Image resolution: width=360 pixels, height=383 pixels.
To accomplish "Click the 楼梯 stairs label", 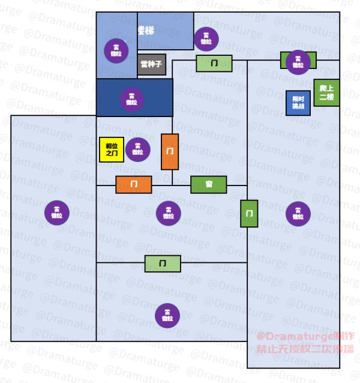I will [x=146, y=30].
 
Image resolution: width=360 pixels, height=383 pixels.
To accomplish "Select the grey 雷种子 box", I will [x=151, y=64].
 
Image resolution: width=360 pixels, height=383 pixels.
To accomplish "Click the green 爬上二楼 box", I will [x=326, y=93].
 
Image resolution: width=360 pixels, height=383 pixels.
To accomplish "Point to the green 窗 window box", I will [x=208, y=184].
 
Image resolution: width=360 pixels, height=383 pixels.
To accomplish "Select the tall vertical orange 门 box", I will [x=170, y=151].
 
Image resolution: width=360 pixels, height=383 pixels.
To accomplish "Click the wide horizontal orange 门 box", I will [x=134, y=184].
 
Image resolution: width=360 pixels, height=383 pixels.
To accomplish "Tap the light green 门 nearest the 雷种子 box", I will [x=214, y=63].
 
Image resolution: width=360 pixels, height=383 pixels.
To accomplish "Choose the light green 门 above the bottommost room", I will [x=163, y=263].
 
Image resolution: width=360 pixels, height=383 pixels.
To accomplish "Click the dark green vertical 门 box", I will [x=249, y=213].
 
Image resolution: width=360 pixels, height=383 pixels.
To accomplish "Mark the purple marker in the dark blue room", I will [x=131, y=98].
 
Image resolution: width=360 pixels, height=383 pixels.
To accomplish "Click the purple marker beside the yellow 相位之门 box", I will [x=138, y=148].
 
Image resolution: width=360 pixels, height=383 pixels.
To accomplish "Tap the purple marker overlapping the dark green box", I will [x=298, y=62].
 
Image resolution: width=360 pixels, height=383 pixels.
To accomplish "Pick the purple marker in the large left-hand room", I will [x=56, y=212].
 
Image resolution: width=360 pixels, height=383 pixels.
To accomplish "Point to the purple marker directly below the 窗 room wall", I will [x=169, y=212].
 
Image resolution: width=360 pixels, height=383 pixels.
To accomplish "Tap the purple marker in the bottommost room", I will [x=167, y=316].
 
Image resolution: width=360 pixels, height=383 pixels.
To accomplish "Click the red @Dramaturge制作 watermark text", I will [x=305, y=337].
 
